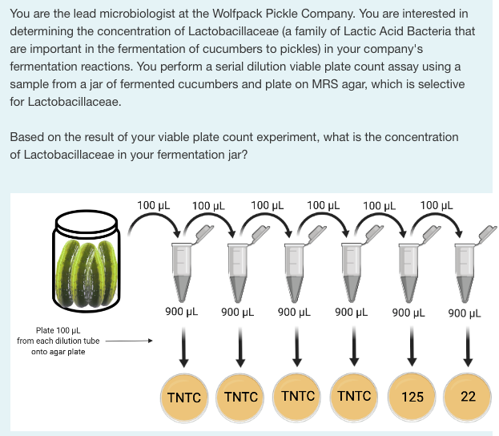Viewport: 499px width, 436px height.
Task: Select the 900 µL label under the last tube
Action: coord(465,313)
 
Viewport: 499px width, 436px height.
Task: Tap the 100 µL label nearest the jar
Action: coord(152,205)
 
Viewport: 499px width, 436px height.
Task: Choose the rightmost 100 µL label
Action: coord(436,205)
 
